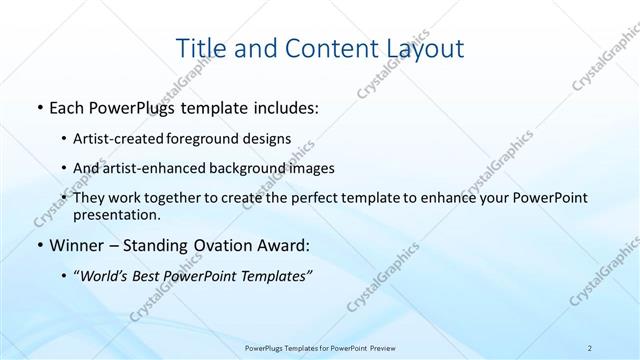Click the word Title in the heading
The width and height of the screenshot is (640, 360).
(200, 47)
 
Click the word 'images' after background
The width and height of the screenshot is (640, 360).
(314, 168)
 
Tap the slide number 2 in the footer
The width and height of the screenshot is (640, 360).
(590, 348)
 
